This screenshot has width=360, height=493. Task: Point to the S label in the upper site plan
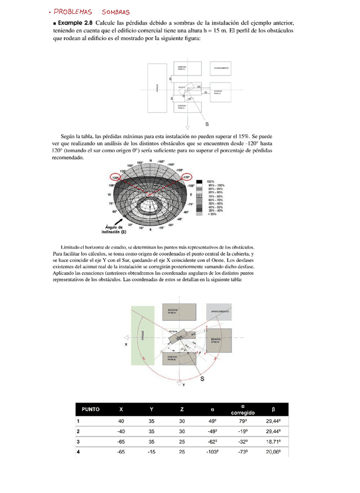[207, 124]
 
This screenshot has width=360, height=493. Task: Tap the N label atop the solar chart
[151, 160]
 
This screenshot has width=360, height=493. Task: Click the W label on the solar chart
[109, 194]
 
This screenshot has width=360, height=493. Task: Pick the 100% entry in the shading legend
[211, 181]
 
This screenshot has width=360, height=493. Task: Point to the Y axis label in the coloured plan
[184, 385]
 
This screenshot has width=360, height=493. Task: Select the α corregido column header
[242, 409]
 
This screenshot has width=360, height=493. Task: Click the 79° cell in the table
[242, 421]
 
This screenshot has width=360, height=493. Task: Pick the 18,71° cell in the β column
[273, 442]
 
